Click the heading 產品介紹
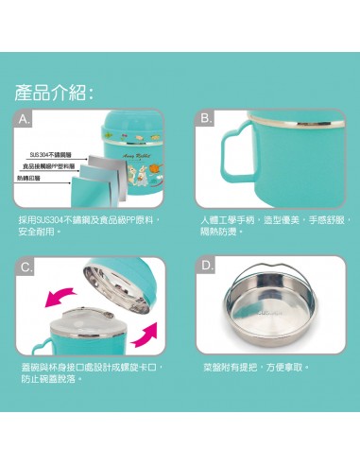coord(53,93)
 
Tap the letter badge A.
coord(26,119)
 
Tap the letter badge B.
coord(206,119)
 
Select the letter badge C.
coord(26,267)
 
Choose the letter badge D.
coord(206,267)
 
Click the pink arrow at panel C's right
coord(149,333)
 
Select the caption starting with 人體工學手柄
coord(275,224)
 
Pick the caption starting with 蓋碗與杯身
coord(91,372)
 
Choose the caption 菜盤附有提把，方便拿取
coord(255,367)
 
